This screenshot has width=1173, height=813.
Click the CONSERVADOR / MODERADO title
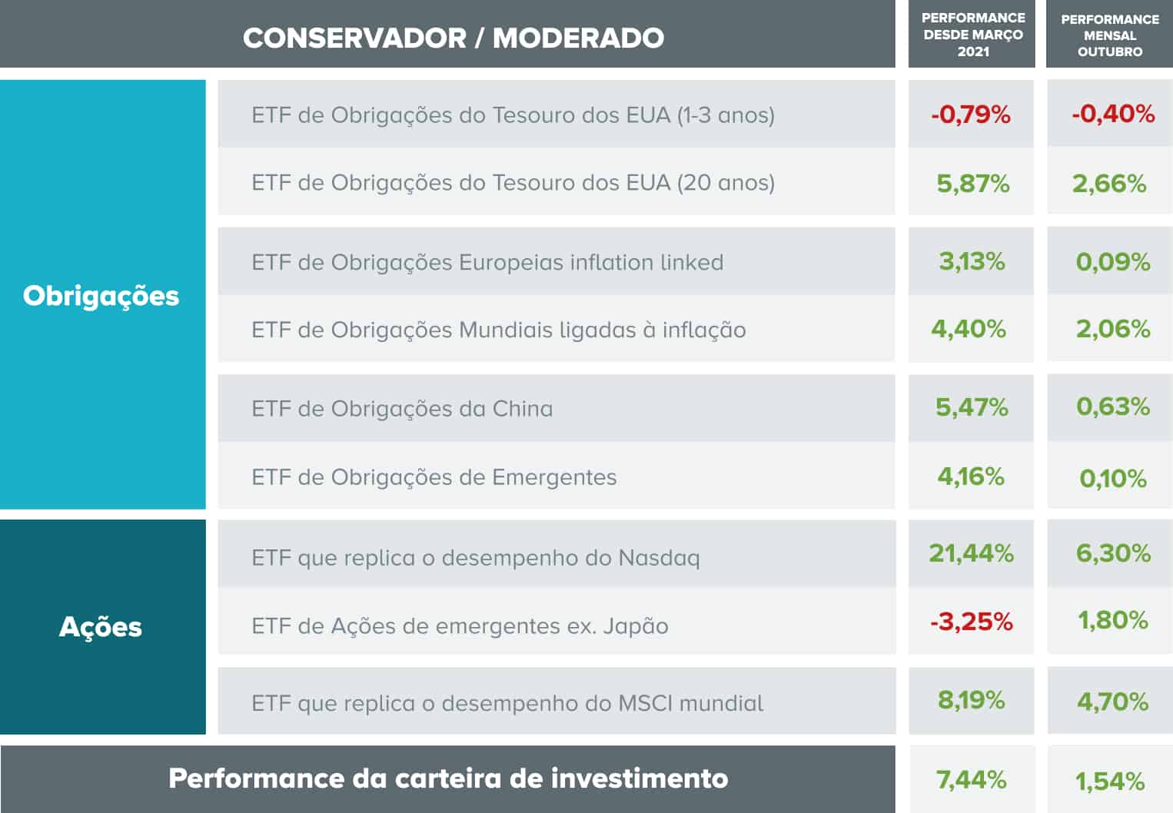[x=454, y=38]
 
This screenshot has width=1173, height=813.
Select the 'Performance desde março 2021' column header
[x=972, y=35]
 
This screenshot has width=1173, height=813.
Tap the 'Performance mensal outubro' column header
[x=1109, y=35]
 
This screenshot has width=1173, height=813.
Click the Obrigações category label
[x=101, y=296]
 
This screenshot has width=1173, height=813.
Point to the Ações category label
[x=101, y=627]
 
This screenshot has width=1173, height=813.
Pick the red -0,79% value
[x=970, y=114]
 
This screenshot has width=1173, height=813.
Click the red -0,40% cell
[x=1112, y=114]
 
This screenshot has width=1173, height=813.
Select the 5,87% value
[x=972, y=183]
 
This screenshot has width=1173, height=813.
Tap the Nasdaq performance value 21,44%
[x=971, y=553]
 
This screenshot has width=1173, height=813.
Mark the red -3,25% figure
[x=971, y=621]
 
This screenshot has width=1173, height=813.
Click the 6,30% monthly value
[x=1112, y=553]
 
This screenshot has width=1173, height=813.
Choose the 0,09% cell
[x=1112, y=262]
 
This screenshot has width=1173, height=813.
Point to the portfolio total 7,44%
[x=971, y=779]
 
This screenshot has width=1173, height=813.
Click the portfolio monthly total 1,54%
[x=1110, y=781]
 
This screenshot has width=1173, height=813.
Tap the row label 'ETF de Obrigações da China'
[x=402, y=409]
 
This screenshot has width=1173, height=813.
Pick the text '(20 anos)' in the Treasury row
[x=726, y=183]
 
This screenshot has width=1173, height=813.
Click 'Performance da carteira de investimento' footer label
[x=448, y=778]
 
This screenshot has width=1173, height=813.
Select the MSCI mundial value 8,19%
[x=971, y=700]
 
